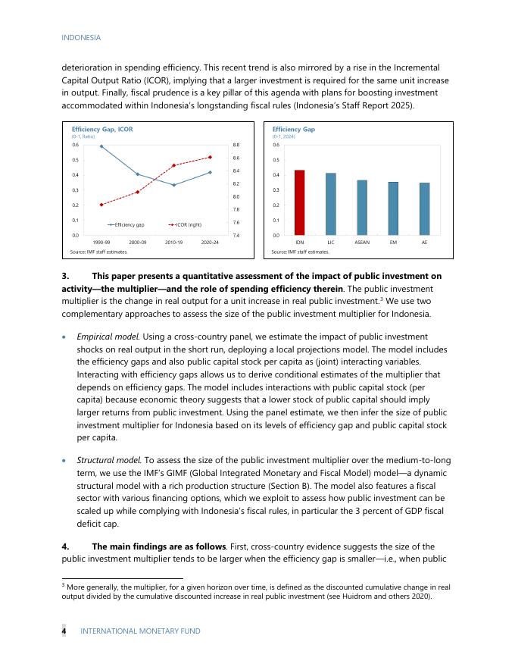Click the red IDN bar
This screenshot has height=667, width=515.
[300, 202]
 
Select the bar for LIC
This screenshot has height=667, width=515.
[331, 204]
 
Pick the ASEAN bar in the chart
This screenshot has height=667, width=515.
[362, 208]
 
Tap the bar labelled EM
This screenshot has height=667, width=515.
[393, 208]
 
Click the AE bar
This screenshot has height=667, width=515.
[425, 208]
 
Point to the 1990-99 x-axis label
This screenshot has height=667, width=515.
[102, 241]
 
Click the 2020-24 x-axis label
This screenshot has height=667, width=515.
[210, 241]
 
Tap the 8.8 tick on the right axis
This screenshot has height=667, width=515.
[236, 145]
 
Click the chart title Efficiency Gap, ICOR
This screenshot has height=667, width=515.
[102, 130]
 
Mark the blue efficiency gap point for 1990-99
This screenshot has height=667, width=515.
[101, 146]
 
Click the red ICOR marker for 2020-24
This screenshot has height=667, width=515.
[210, 157]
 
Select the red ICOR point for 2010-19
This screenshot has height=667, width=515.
[174, 165]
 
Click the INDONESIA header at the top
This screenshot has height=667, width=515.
[81, 37]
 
